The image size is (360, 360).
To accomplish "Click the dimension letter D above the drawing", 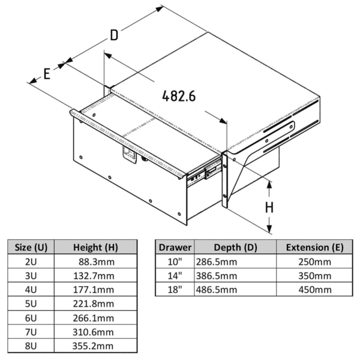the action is [x=114, y=35].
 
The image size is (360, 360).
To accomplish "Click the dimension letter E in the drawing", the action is [x=47, y=74].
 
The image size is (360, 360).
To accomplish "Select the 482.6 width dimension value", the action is [x=179, y=96].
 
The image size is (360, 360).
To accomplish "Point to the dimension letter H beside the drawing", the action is [x=269, y=208].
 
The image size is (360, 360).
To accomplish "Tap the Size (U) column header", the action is [x=31, y=247].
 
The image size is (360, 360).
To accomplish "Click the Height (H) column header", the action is [x=95, y=247].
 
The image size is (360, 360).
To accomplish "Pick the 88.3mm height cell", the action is [x=97, y=262].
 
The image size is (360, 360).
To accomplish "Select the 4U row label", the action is [x=31, y=290].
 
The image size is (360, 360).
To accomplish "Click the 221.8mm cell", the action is [x=94, y=304].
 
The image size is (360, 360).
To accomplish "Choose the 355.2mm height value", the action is [x=93, y=346].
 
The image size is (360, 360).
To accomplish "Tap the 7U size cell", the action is [x=31, y=332].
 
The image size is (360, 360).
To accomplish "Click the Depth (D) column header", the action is [x=235, y=247].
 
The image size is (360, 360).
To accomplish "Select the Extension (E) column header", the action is [x=315, y=247].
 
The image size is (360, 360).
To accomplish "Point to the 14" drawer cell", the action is [x=175, y=276].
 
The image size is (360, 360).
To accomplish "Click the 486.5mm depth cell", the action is [x=216, y=290].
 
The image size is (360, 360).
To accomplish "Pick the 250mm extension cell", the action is [x=315, y=262].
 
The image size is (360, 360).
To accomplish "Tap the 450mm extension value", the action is [x=315, y=290].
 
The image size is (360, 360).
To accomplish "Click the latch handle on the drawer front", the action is [x=129, y=155].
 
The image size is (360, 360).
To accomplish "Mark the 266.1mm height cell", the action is [x=94, y=318].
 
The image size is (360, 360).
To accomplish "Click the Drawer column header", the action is [x=175, y=247].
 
